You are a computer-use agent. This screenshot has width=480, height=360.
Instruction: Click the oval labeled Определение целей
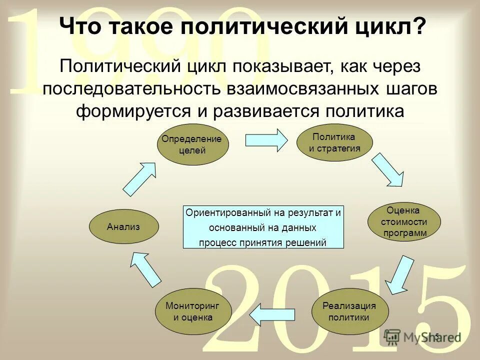coord(192,143)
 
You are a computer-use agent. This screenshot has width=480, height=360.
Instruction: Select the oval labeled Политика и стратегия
coord(334,142)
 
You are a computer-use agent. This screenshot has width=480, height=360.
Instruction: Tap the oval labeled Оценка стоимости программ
coord(404,221)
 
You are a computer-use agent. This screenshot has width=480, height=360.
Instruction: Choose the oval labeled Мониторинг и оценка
coord(192,311)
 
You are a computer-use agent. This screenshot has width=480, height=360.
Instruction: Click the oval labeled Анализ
coord(123,226)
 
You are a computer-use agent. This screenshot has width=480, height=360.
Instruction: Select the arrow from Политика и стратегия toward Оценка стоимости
coord(388,170)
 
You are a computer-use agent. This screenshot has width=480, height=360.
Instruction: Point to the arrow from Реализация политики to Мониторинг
coord(270,314)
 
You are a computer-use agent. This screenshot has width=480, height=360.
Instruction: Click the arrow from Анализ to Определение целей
coord(140,178)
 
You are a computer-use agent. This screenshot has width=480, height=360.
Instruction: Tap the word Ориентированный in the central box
coord(228,212)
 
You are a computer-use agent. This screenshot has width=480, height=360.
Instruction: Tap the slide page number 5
coord(436,336)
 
